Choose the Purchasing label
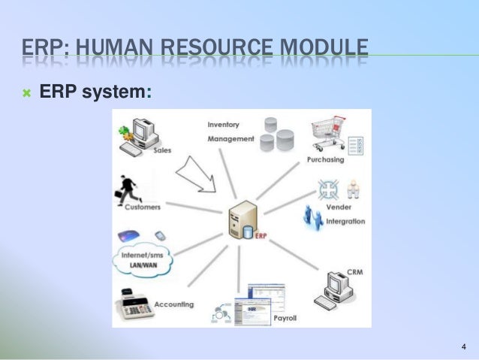click(x=325, y=159)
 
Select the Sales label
click(x=162, y=150)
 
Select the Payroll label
click(x=285, y=318)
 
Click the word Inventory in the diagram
click(x=223, y=124)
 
